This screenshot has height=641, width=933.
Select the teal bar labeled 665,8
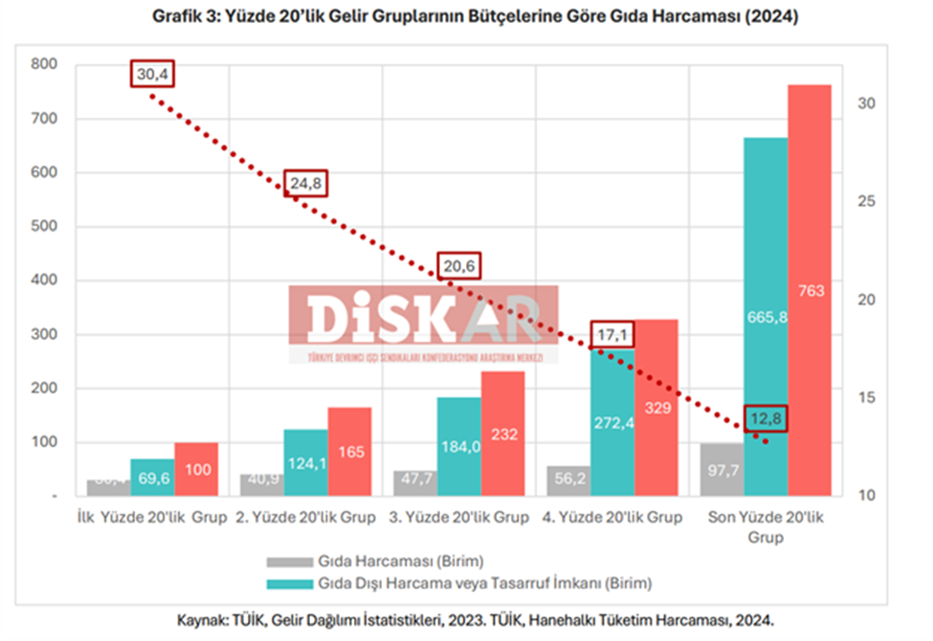click(x=765, y=317)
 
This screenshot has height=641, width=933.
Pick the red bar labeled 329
click(x=655, y=407)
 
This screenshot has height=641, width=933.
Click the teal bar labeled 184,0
click(x=458, y=447)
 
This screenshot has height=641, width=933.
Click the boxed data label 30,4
click(x=154, y=74)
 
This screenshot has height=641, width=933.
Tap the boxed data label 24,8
click(x=306, y=181)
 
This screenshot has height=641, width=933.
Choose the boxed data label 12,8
click(x=765, y=418)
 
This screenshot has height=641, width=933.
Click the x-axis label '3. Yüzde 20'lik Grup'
click(x=458, y=518)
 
